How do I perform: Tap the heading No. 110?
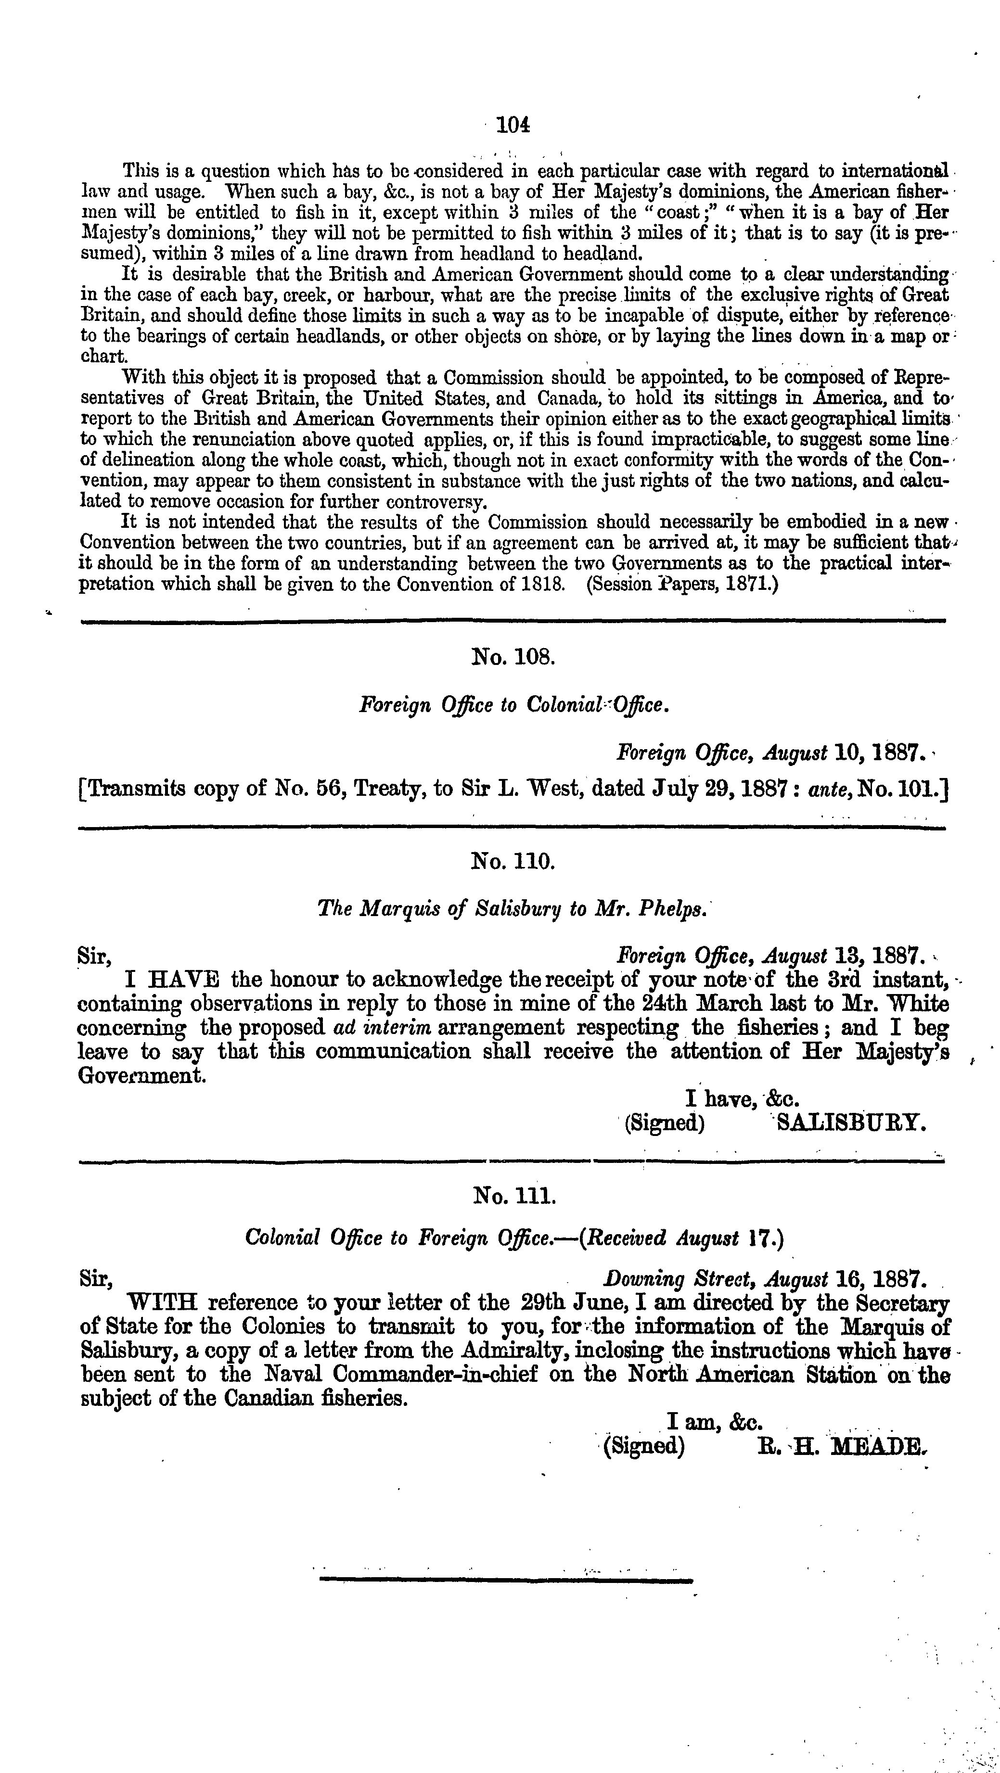[x=513, y=860]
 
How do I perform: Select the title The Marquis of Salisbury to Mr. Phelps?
[x=512, y=909]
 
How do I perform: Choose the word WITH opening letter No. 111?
[x=164, y=1303]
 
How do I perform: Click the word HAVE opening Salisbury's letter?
[x=182, y=980]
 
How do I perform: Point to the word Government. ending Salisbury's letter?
[x=142, y=1076]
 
